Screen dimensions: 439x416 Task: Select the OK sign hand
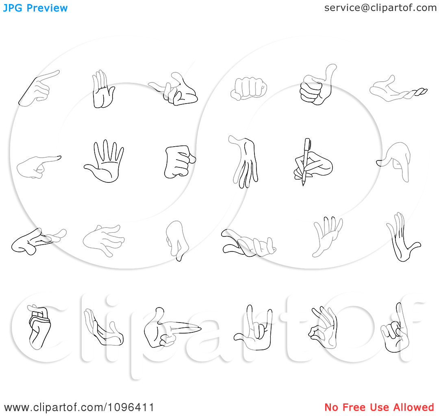tap(324, 327)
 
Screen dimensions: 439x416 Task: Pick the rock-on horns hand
tap(255, 329)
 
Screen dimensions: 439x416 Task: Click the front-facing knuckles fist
tap(249, 89)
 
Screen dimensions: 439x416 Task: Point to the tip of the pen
tap(303, 185)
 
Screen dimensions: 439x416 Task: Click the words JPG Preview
tap(35, 8)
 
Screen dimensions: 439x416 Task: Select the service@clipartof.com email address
tap(380, 8)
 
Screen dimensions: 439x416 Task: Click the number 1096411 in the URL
tap(131, 407)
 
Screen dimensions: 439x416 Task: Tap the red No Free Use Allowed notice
tap(379, 407)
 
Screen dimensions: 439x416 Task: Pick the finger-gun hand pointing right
tap(168, 329)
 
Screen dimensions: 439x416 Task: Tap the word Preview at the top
tap(47, 8)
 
